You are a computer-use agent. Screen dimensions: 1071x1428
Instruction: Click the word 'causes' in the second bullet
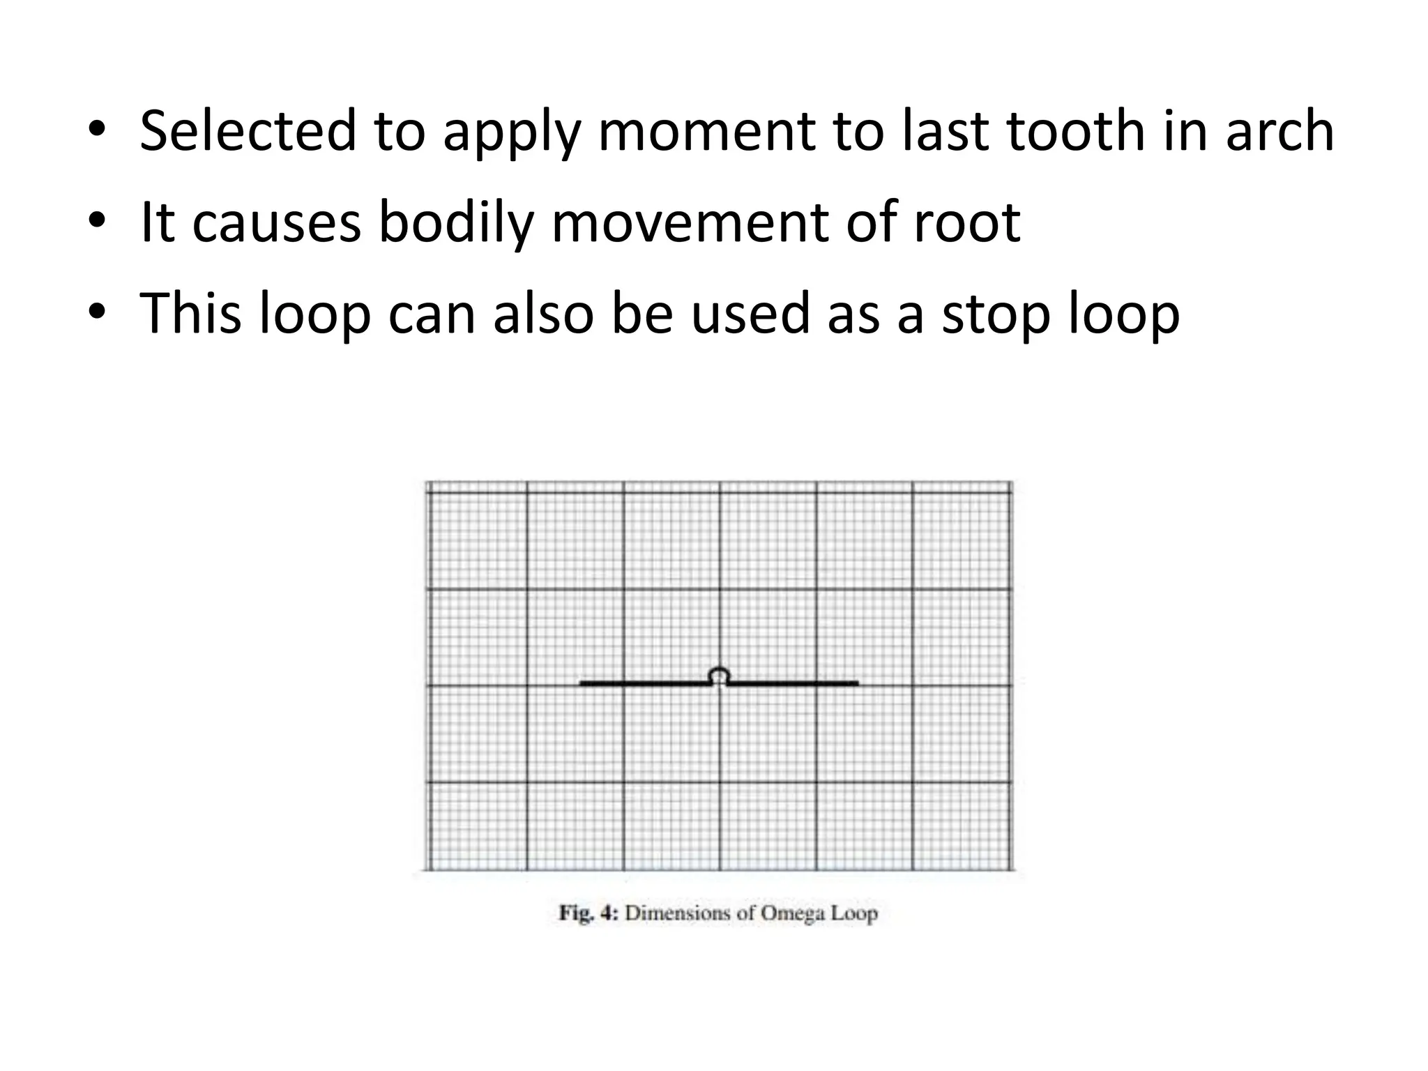276,223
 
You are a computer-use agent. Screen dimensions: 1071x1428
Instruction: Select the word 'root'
967,223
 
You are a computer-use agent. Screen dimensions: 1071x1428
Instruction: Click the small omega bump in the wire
719,675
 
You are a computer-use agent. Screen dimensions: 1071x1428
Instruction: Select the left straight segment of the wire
645,683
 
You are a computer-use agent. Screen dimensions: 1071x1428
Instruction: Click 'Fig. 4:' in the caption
588,913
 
